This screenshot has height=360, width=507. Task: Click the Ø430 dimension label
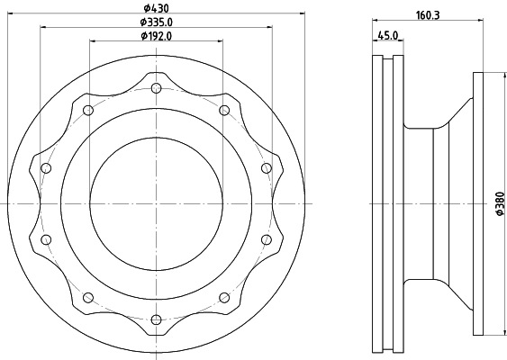tap(156, 7)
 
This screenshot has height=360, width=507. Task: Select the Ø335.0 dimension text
tap(156, 22)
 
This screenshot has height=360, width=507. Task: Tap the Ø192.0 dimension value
tap(156, 36)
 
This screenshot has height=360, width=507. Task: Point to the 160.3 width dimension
tap(428, 15)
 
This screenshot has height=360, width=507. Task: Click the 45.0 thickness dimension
tap(388, 35)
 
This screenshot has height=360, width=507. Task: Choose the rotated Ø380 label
tap(500, 203)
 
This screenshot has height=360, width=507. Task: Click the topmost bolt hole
tap(156, 87)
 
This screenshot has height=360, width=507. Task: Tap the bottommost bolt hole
tap(156, 319)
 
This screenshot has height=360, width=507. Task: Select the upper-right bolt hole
tap(224, 110)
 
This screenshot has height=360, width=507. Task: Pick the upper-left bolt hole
tap(88, 110)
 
